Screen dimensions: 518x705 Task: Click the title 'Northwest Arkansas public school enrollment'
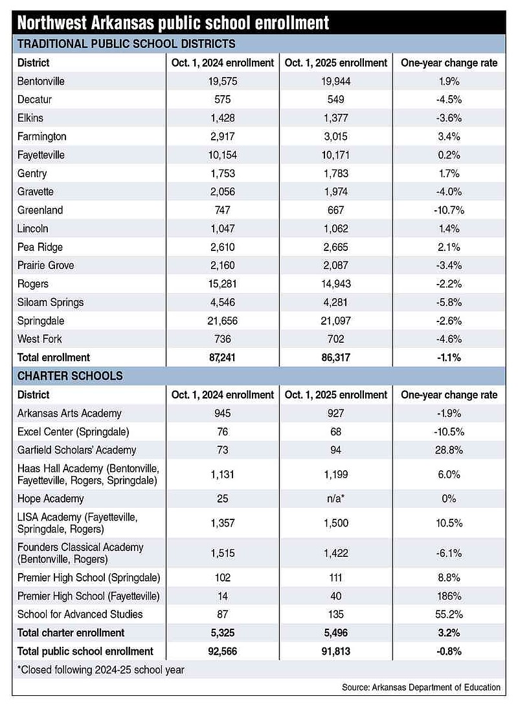click(174, 23)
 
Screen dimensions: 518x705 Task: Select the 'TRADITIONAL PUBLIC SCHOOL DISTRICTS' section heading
click(126, 44)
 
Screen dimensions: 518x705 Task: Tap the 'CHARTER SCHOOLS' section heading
click(70, 376)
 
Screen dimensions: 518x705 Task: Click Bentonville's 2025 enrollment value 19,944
click(336, 81)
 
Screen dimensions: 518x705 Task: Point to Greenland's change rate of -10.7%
click(449, 210)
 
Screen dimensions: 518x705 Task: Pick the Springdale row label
click(41, 321)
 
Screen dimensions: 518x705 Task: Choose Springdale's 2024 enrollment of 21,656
click(223, 321)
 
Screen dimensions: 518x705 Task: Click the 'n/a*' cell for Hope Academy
click(336, 499)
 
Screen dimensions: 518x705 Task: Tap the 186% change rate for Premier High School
click(449, 596)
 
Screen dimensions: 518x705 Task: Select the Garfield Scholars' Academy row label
click(76, 450)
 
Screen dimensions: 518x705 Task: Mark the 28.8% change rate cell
click(449, 450)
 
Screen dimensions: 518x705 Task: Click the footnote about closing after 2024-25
click(101, 670)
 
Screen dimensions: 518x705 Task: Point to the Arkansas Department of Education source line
click(422, 688)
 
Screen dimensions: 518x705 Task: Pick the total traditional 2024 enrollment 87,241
click(223, 358)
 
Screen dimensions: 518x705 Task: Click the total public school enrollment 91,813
click(336, 651)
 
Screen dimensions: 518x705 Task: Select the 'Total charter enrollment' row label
click(71, 633)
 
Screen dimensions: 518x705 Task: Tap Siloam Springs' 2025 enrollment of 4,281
click(336, 303)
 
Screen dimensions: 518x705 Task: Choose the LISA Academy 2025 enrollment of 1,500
click(336, 523)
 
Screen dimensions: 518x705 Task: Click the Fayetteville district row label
click(41, 155)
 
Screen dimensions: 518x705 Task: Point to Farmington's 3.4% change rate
click(449, 136)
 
